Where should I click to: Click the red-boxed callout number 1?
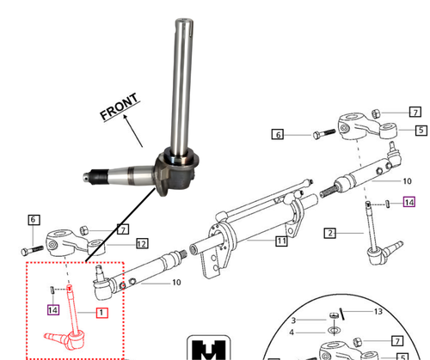pyautogui.click(x=101, y=312)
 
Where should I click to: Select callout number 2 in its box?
pyautogui.click(x=331, y=232)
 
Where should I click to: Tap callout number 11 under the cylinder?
pyautogui.click(x=281, y=241)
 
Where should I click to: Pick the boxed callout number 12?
pyautogui.click(x=141, y=244)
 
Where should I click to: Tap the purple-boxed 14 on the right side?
pyautogui.click(x=408, y=203)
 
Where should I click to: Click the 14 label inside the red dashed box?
pyautogui.click(x=53, y=308)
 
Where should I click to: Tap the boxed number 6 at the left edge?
pyautogui.click(x=34, y=219)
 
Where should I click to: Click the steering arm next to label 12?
pyautogui.click(x=65, y=243)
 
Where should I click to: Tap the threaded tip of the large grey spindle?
pyautogui.click(x=88, y=179)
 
